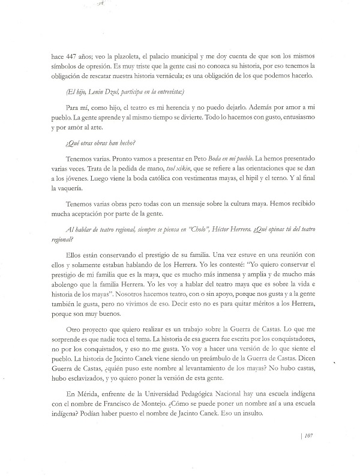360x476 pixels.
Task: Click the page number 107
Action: (310, 453)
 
